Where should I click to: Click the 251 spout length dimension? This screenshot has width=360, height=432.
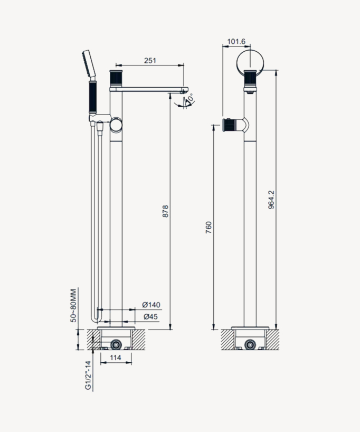click(150, 61)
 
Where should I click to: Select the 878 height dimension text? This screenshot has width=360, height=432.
click(165, 211)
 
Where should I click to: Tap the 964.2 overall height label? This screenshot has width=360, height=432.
click(270, 200)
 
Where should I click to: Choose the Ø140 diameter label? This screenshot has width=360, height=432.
click(151, 305)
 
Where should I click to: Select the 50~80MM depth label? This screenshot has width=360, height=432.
click(73, 305)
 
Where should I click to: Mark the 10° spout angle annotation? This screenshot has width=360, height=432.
click(189, 99)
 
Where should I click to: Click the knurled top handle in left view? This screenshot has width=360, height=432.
click(116, 78)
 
